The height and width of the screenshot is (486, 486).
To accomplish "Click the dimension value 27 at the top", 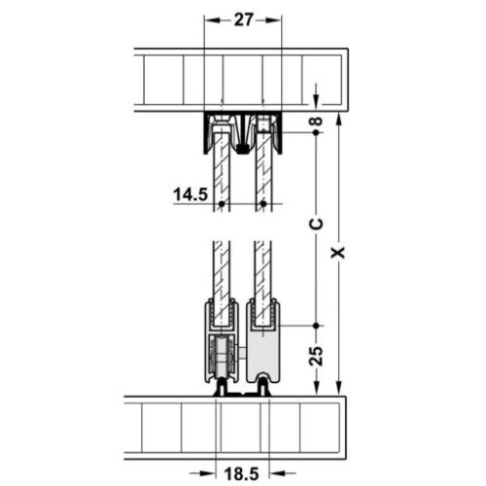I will [243, 19].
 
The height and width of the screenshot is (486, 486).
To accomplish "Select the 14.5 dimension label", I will [191, 194].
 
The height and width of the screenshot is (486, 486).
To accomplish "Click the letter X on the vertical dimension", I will [337, 252].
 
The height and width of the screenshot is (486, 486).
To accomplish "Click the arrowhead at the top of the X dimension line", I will [337, 119].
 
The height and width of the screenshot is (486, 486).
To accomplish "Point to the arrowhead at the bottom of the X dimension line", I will [337, 388].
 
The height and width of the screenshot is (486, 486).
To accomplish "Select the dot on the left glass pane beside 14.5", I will [223, 204].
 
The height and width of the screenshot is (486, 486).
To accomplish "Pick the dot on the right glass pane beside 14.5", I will [261, 204].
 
